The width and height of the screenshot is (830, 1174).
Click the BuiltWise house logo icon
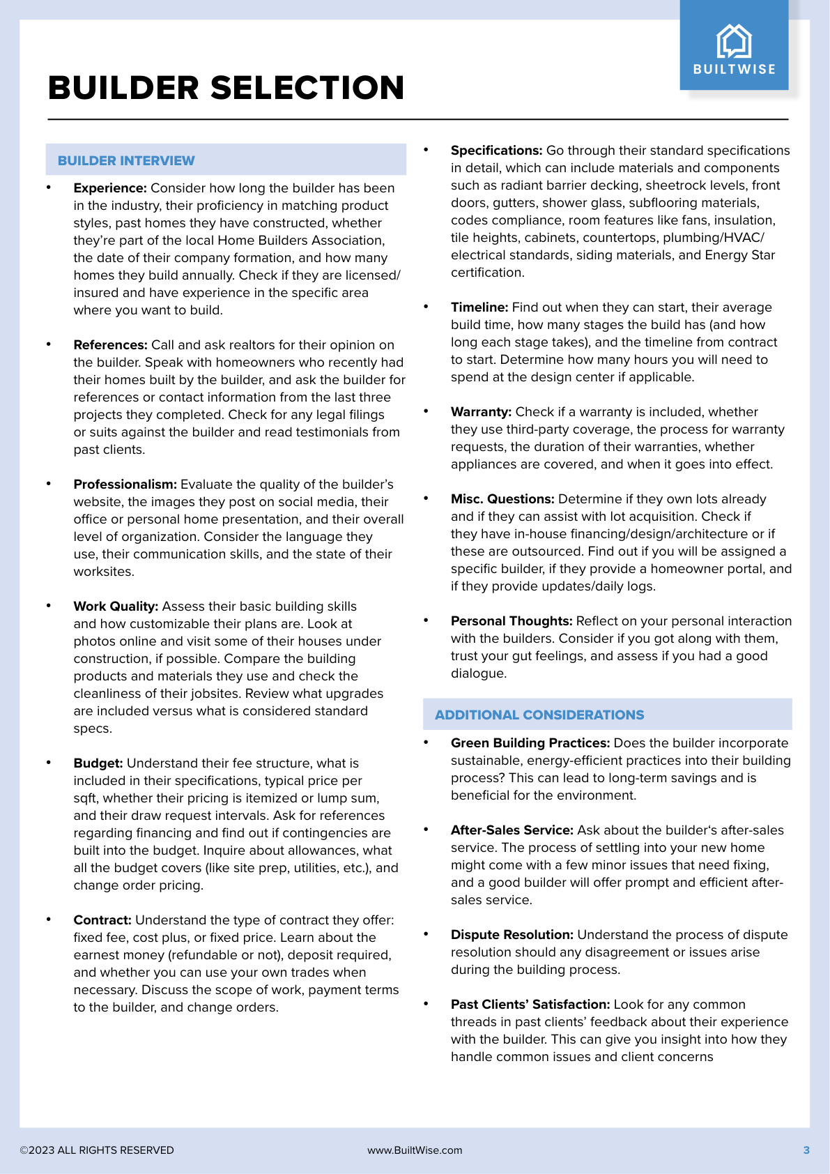(734, 41)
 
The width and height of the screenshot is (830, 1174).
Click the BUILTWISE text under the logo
(734, 69)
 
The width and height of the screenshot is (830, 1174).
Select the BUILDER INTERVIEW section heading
(126, 161)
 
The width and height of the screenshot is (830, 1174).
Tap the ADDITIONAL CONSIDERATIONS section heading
(539, 715)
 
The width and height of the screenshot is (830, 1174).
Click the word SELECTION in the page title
(307, 89)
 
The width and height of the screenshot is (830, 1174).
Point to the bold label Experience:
(110, 188)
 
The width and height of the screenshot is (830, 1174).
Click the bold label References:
(110, 345)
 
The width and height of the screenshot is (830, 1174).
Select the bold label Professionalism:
(125, 485)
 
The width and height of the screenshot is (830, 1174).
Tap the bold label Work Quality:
(116, 607)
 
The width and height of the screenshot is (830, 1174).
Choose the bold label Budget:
(98, 763)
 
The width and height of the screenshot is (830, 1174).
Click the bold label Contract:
(102, 920)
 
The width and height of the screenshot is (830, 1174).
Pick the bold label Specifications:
(496, 151)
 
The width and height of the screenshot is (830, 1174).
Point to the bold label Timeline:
(479, 307)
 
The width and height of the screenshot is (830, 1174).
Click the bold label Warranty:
(481, 412)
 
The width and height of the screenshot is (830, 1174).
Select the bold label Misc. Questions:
(502, 499)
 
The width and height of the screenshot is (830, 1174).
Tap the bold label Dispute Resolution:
(512, 935)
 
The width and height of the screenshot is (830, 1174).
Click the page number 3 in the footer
(806, 1150)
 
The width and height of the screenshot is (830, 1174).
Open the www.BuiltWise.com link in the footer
(415, 1150)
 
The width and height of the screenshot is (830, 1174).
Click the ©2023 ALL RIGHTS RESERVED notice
(97, 1150)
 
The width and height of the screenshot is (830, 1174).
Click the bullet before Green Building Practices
(426, 742)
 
